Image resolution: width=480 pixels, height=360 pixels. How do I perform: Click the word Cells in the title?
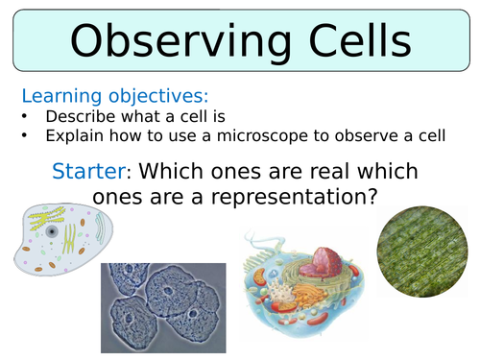(349, 43)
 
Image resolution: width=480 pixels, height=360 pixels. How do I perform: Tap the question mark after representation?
(378, 198)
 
